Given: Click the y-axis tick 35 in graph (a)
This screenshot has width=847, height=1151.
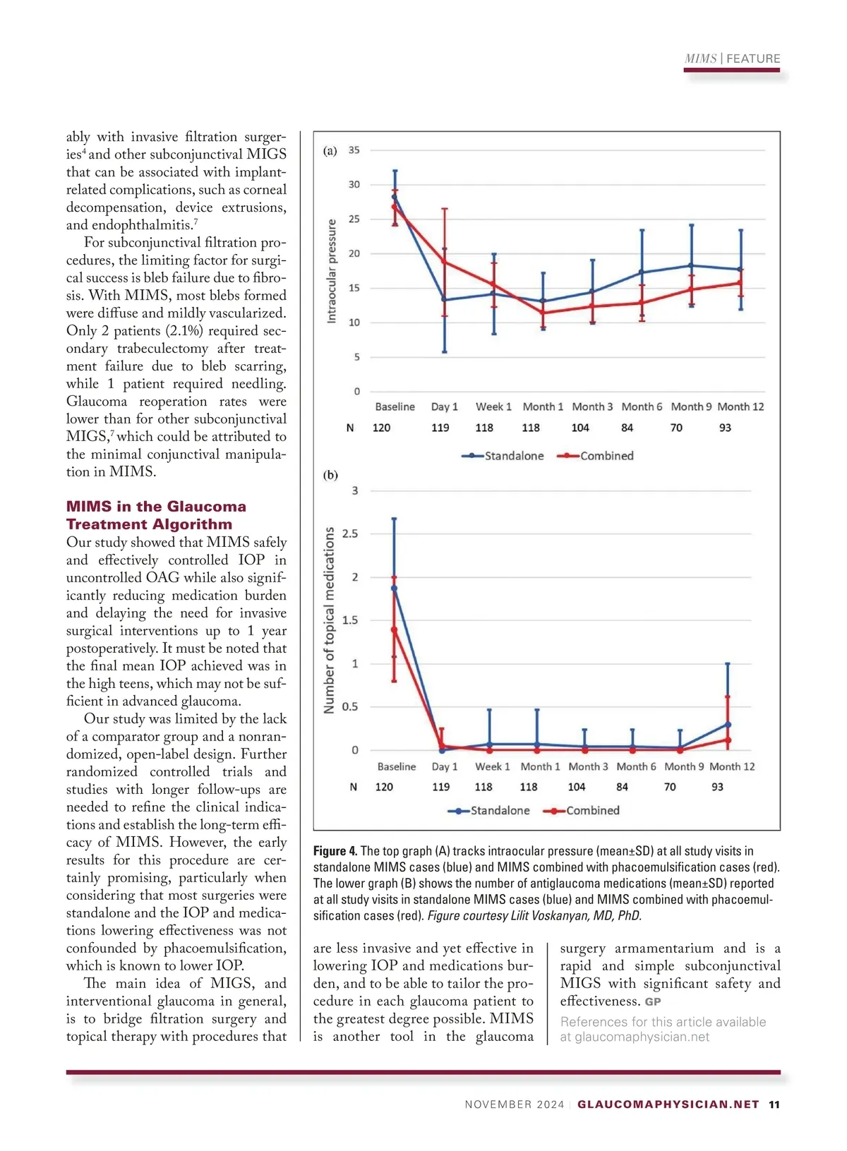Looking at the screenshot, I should pyautogui.click(x=354, y=150).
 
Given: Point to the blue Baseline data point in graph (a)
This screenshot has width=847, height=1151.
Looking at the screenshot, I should pyautogui.click(x=395, y=198).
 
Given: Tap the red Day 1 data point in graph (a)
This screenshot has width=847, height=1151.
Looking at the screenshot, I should pyautogui.click(x=444, y=263).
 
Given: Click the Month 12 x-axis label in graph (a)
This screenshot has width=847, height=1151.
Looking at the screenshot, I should pyautogui.click(x=740, y=406).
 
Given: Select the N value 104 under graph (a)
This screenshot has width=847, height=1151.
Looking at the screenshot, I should pyautogui.click(x=580, y=428).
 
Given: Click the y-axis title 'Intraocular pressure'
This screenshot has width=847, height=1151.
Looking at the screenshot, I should pyautogui.click(x=332, y=271).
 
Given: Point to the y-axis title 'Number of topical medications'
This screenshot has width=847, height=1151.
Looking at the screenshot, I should pyautogui.click(x=329, y=620).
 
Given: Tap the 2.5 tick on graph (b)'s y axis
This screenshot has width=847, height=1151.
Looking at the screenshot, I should pyautogui.click(x=350, y=534).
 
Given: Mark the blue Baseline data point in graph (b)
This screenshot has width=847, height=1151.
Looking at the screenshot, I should pyautogui.click(x=394, y=588).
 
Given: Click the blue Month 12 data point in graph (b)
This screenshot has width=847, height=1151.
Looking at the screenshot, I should pyautogui.click(x=728, y=725).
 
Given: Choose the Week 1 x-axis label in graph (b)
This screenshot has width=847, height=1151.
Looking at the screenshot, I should pyautogui.click(x=492, y=766).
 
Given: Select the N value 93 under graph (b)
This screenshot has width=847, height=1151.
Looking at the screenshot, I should pyautogui.click(x=717, y=787).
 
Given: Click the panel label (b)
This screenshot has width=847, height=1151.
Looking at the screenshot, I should pyautogui.click(x=330, y=475).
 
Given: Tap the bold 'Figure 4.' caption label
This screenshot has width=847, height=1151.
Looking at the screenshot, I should pyautogui.click(x=335, y=851).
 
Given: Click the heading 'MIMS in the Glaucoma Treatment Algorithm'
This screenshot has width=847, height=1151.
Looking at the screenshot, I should pyautogui.click(x=156, y=515).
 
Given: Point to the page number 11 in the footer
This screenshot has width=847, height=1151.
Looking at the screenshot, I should pyautogui.click(x=774, y=1104).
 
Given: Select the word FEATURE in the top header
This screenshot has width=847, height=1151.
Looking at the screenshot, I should pyautogui.click(x=753, y=59).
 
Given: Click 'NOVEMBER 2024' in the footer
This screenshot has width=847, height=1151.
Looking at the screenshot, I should pyautogui.click(x=515, y=1104).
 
